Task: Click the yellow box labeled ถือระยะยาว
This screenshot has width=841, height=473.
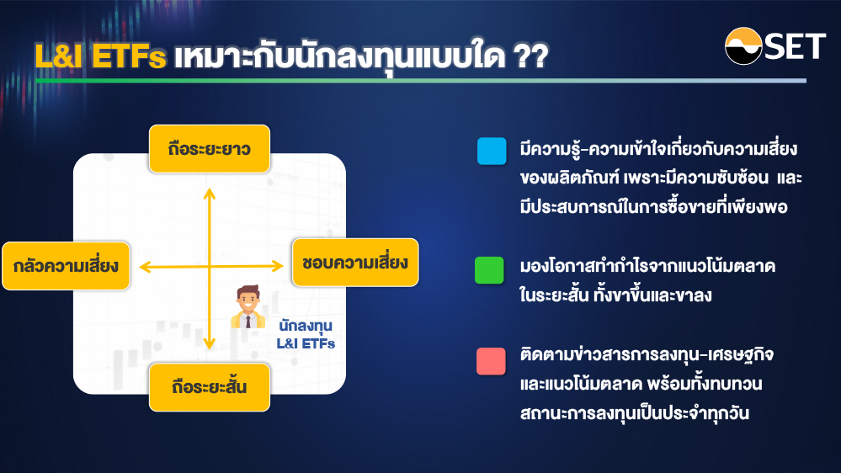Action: tap(209, 149)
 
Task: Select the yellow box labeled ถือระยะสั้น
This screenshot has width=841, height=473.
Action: tap(209, 387)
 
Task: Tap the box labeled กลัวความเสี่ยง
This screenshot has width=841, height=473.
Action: tap(66, 266)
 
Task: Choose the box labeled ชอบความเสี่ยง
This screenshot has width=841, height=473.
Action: tap(355, 263)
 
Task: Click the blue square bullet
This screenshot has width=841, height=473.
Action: tap(492, 151)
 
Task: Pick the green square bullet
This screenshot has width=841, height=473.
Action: tap(489, 270)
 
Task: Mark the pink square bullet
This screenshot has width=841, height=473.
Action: tap(491, 361)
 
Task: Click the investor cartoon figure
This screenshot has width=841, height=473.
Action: tap(248, 306)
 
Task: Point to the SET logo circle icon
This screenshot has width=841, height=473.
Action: tap(743, 46)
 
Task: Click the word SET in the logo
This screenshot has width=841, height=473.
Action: tap(795, 46)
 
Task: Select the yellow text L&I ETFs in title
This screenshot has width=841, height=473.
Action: tap(100, 56)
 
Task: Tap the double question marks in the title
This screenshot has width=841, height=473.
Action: tap(531, 56)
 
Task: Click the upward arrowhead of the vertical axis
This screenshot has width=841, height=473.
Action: tap(209, 193)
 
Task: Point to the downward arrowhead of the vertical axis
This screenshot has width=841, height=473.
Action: tap(209, 343)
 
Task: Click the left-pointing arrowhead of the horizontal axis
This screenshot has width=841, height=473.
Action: tap(145, 267)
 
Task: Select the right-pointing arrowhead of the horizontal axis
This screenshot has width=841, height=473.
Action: tap(277, 265)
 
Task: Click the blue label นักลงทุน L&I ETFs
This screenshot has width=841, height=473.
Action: tap(306, 334)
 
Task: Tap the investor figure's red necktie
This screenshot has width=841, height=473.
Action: tap(248, 322)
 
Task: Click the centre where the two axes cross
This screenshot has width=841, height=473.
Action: tap(209, 266)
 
